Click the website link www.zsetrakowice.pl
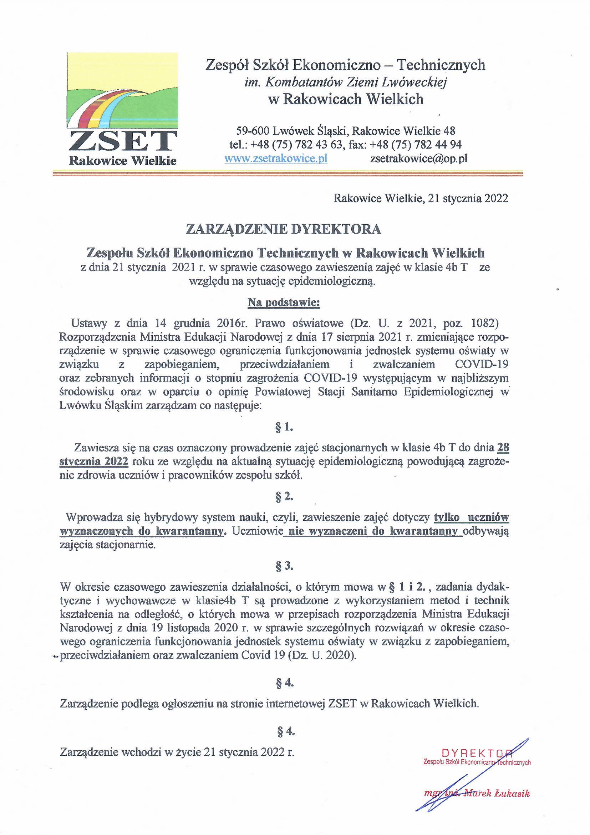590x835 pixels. pos(276,159)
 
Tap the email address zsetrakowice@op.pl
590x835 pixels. pos(418,159)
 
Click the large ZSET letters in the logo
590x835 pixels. pos(123,141)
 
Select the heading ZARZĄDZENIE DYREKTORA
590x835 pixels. pos(283,230)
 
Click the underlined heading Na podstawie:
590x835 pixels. pos(283,303)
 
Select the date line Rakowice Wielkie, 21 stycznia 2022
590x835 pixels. pos(421,199)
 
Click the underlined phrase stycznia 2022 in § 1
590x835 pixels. pos(93,462)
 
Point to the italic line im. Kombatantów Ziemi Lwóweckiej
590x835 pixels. pos(345,82)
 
